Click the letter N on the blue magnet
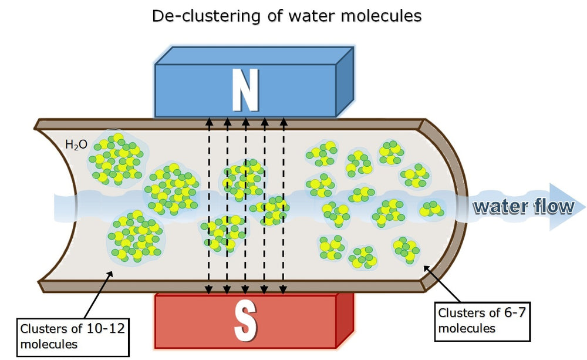pos(245,90)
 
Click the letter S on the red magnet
pos(245,321)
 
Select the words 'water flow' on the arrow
pos(522,206)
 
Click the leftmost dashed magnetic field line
pos(208,206)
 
